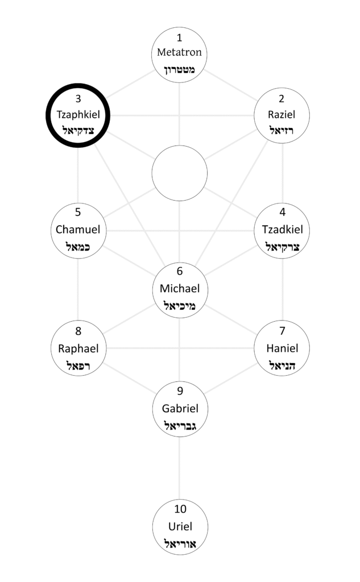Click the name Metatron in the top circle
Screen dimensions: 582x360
[x=180, y=53]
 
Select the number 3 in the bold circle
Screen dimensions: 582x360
[x=78, y=99]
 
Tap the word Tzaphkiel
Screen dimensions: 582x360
[x=78, y=114]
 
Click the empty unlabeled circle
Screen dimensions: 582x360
[x=180, y=173]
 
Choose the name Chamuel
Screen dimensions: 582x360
[x=78, y=230]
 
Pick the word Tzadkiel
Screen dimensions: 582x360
[x=283, y=230]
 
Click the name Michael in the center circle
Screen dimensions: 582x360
[x=180, y=288]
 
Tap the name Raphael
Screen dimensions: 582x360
[x=78, y=348]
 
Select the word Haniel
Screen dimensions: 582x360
[x=283, y=348]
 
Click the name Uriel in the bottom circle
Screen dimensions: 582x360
[x=180, y=526]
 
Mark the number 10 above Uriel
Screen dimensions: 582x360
[x=180, y=509]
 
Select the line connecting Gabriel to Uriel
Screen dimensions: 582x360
[x=180, y=466]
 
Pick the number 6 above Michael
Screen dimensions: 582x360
[x=180, y=272]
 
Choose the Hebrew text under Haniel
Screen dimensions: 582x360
[x=283, y=365]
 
